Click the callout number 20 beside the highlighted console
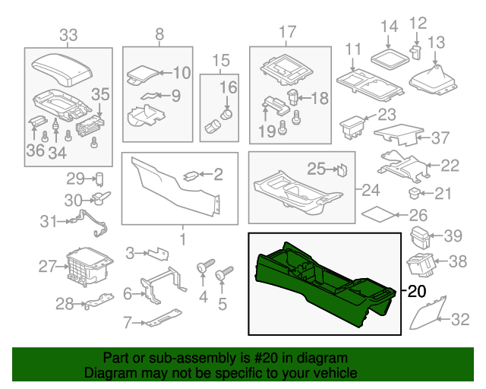[418, 291]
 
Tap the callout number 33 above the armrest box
[68, 34]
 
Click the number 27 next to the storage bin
[49, 266]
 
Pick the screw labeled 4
[203, 268]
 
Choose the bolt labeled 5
[224, 274]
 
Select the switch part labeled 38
[420, 264]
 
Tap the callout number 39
[453, 235]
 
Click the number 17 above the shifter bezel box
[286, 32]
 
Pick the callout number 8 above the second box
[159, 33]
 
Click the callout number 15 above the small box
[220, 60]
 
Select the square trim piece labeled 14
[389, 54]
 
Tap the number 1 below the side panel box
[182, 239]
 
